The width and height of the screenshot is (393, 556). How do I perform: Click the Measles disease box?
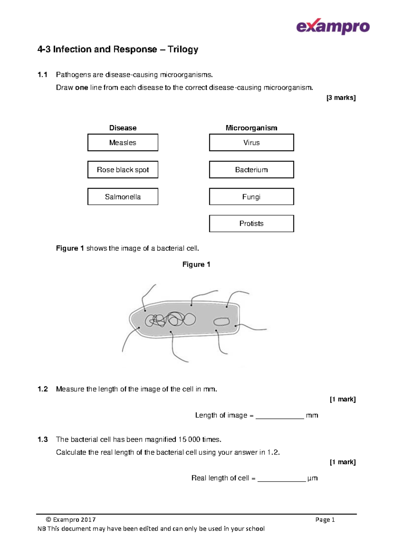click(123, 143)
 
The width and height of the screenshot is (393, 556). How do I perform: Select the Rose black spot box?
click(123, 169)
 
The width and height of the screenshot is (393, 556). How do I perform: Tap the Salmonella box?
click(123, 197)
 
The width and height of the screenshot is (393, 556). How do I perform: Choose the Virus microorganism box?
click(251, 143)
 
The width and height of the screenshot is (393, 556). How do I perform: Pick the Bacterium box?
click(251, 169)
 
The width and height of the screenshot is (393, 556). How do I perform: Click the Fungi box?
click(251, 197)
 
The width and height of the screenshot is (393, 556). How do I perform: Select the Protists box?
click(251, 224)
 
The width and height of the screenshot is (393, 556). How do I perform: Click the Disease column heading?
click(123, 128)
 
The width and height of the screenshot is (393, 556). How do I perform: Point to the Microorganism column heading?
click(251, 128)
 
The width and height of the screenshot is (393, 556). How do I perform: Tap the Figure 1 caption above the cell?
click(196, 264)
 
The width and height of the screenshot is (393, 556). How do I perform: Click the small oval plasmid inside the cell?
click(222, 322)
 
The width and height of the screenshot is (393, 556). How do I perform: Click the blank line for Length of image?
click(280, 416)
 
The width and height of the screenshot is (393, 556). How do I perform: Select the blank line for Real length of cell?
click(282, 479)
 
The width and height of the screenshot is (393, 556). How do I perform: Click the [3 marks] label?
click(341, 98)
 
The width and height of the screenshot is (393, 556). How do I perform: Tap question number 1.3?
click(43, 439)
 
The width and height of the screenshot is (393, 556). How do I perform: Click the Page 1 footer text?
click(325, 520)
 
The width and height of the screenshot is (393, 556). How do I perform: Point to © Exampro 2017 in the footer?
click(71, 520)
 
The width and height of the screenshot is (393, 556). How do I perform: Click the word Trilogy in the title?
click(183, 50)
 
